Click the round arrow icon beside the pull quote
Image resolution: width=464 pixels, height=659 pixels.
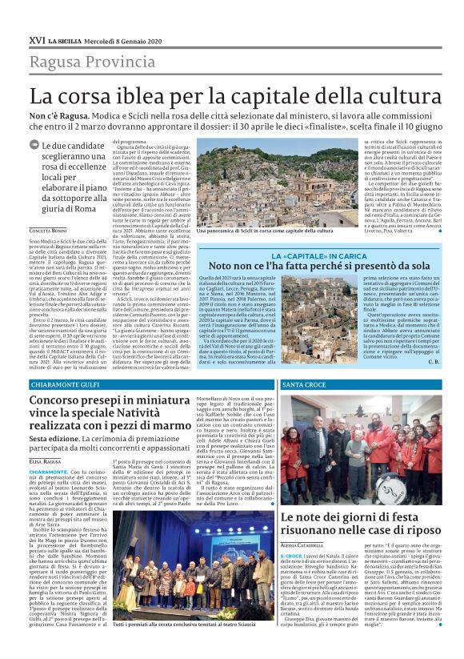tap(33, 145)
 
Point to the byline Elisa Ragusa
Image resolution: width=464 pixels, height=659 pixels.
tap(45, 462)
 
